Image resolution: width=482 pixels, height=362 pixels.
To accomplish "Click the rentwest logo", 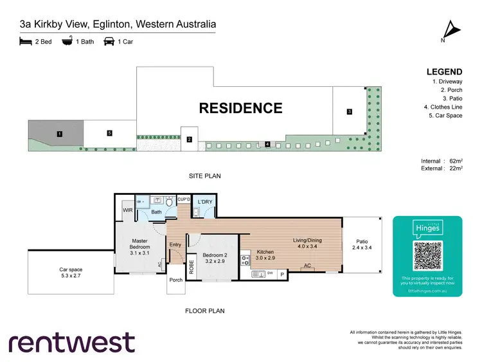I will [x=71, y=342].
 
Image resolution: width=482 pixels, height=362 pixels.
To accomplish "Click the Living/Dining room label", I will [x=307, y=244].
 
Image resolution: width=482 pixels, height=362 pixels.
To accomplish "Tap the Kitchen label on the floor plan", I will [x=266, y=254].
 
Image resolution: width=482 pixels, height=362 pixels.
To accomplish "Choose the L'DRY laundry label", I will [x=204, y=202].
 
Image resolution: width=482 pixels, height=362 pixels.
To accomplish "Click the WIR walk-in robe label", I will [x=127, y=209].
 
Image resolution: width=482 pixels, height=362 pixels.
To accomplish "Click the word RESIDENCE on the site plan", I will [x=240, y=108].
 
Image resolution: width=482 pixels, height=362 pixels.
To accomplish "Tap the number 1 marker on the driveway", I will [x=59, y=134].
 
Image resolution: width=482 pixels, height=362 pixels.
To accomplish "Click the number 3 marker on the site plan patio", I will [x=349, y=112].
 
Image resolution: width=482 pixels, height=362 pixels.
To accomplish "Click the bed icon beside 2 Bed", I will [x=26, y=42].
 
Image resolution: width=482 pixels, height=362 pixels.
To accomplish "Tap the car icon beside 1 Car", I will [x=109, y=42].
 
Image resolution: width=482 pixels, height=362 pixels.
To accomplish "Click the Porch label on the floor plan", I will [x=175, y=280].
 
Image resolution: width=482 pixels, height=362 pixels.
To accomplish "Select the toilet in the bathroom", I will [x=170, y=202].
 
